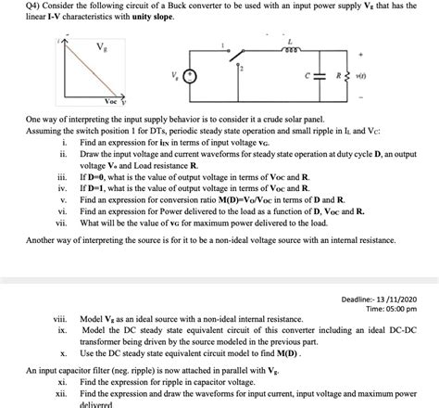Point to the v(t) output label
pyautogui.click(x=376, y=77)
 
